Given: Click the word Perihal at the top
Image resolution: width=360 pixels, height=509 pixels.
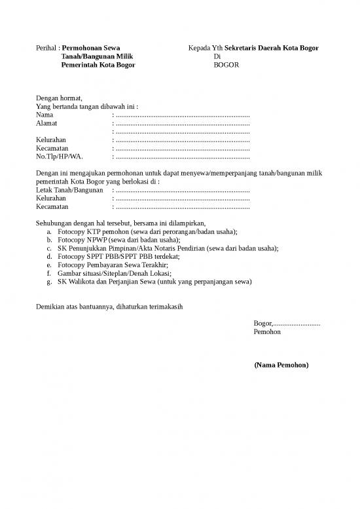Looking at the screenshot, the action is tap(46, 48).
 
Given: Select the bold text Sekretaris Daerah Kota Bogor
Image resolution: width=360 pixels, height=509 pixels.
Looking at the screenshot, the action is tap(272, 48).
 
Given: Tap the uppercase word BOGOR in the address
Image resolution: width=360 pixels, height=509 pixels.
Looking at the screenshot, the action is tap(226, 66).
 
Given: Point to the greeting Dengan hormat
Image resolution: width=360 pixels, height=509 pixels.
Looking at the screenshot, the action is tap(60, 98).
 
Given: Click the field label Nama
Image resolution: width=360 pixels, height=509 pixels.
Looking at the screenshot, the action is tap(45, 115).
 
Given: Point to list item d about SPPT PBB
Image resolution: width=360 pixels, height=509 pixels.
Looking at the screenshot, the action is tap(118, 257).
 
